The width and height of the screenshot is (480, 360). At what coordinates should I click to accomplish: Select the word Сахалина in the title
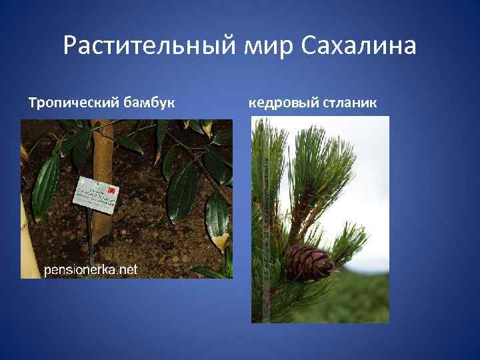click(359, 47)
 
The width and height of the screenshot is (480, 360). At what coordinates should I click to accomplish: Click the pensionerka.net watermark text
click(91, 269)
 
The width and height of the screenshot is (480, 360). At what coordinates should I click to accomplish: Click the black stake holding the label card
click(90, 233)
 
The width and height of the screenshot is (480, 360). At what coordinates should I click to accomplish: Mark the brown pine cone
click(309, 261)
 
